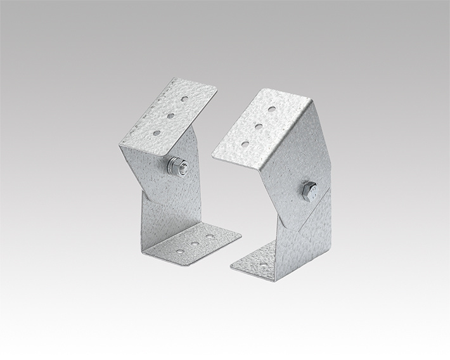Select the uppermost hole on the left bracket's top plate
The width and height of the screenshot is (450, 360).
coord(184,100)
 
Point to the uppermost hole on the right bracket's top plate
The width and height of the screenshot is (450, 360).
coord(273,109)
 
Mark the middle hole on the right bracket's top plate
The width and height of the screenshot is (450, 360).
coord(259,127)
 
